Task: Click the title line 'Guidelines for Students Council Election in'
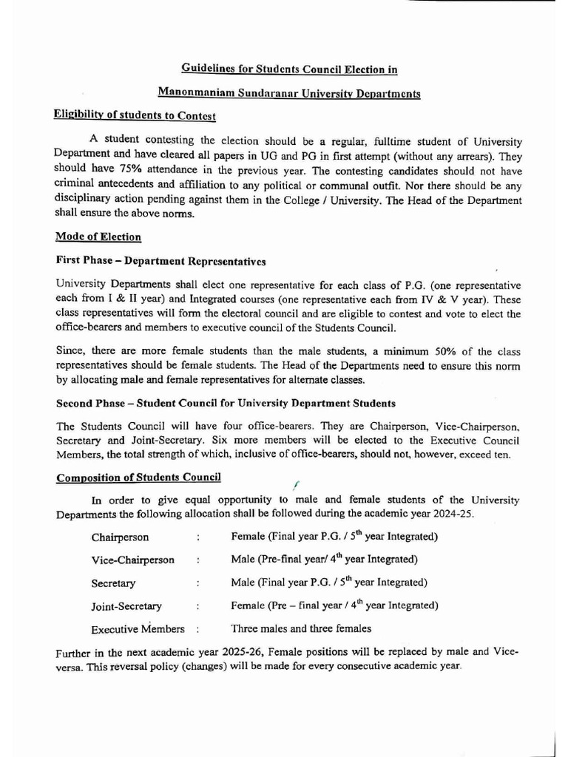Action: [289, 69]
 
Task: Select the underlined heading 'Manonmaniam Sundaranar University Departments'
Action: [289, 94]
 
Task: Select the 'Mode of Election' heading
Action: [98, 237]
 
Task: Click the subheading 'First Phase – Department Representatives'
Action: [160, 261]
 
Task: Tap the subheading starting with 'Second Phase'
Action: [226, 404]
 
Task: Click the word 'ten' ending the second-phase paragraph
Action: [501, 455]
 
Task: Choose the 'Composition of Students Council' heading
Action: [138, 478]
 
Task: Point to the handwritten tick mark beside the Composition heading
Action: [294, 484]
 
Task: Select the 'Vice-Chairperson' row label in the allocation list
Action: [133, 560]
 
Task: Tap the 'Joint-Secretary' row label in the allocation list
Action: [126, 606]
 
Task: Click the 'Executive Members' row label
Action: [138, 629]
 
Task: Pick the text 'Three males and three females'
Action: [301, 629]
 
